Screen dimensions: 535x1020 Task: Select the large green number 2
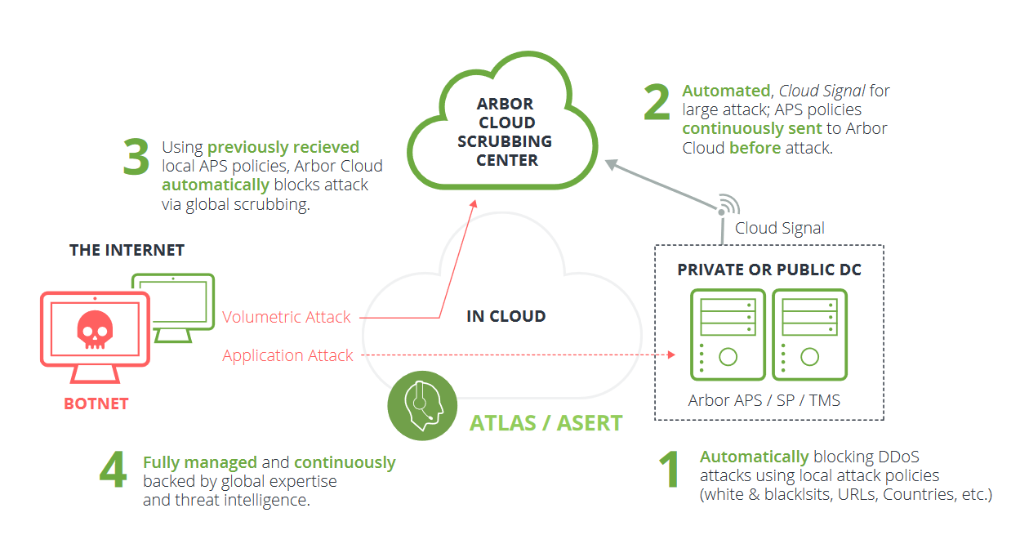[x=657, y=103]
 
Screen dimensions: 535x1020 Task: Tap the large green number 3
[x=136, y=158]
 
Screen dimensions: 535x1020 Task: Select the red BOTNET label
[x=96, y=403]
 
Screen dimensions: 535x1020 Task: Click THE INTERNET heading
[x=127, y=250]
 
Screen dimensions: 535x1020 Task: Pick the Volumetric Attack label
[x=287, y=317]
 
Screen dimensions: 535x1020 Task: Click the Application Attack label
[x=287, y=355]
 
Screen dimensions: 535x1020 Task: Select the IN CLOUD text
[x=506, y=316]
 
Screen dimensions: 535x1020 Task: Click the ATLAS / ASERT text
[x=546, y=423]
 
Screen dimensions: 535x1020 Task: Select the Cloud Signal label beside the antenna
[x=779, y=229]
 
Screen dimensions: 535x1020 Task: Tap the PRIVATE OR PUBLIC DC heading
[x=768, y=270]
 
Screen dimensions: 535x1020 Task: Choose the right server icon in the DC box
[x=809, y=335]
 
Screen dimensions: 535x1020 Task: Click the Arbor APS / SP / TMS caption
[x=764, y=400]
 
